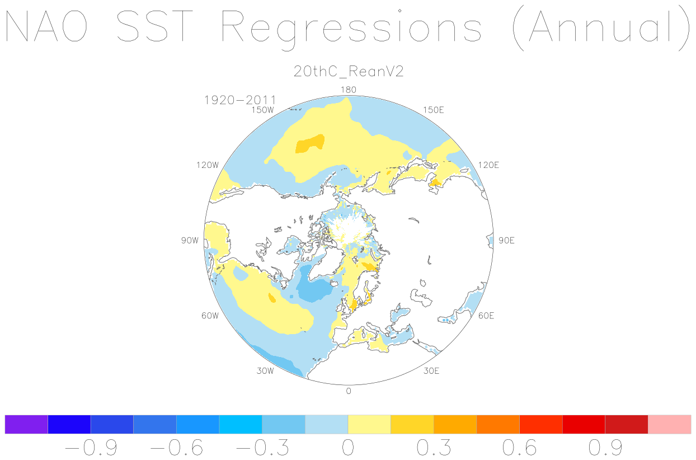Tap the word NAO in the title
point(46,26)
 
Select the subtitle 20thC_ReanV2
point(349,72)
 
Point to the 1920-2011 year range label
point(240,100)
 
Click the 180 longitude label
point(349,90)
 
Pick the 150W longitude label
point(263,110)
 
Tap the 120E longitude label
point(488,165)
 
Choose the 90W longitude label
point(190,241)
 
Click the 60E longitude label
point(486,316)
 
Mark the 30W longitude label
point(265,371)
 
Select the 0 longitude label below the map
point(349,391)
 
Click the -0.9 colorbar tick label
point(91,448)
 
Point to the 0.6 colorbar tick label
point(520,448)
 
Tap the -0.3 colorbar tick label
point(262,448)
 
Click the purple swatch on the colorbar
point(26,424)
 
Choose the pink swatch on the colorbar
point(670,424)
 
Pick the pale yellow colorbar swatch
point(369,424)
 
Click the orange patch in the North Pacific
point(310,144)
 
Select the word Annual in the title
point(600,26)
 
